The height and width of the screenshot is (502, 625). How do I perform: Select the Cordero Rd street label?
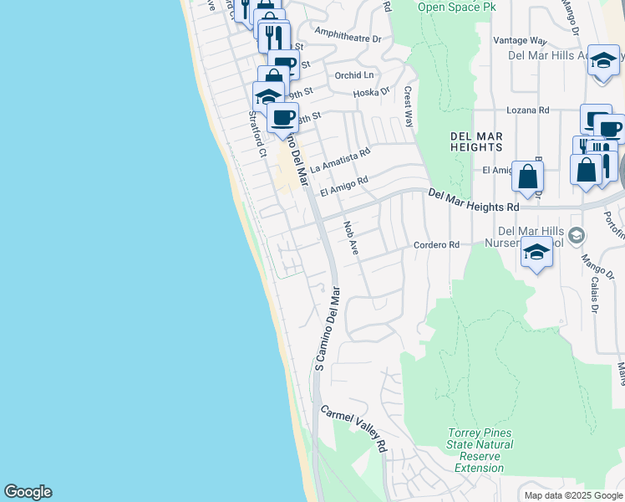coord(437,245)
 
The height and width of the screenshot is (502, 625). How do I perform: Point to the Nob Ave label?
coord(351,238)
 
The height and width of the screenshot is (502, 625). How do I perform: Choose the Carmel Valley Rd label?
coord(355,429)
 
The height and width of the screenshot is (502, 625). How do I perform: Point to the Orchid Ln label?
coord(354,75)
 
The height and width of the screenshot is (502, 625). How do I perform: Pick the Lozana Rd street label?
coord(528,110)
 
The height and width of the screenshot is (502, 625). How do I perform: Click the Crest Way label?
coord(409,105)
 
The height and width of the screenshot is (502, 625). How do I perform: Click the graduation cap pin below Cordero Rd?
coord(536,253)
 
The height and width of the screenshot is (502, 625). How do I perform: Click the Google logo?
coord(28,492)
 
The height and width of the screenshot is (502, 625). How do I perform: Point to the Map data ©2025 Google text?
coord(573,495)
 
